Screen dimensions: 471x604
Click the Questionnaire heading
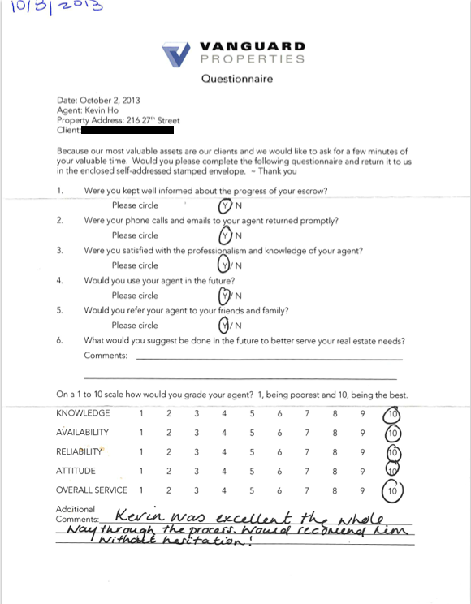(x=237, y=79)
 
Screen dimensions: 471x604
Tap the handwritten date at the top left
(x=53, y=9)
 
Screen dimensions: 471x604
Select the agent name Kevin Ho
(x=102, y=110)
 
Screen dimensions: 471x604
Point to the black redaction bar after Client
(x=128, y=130)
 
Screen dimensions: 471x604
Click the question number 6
(x=59, y=340)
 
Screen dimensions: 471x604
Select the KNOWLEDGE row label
(x=83, y=413)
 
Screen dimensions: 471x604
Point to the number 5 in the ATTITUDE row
(x=252, y=471)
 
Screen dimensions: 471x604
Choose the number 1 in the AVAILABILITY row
(x=141, y=433)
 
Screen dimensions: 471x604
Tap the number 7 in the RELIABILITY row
(x=307, y=451)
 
